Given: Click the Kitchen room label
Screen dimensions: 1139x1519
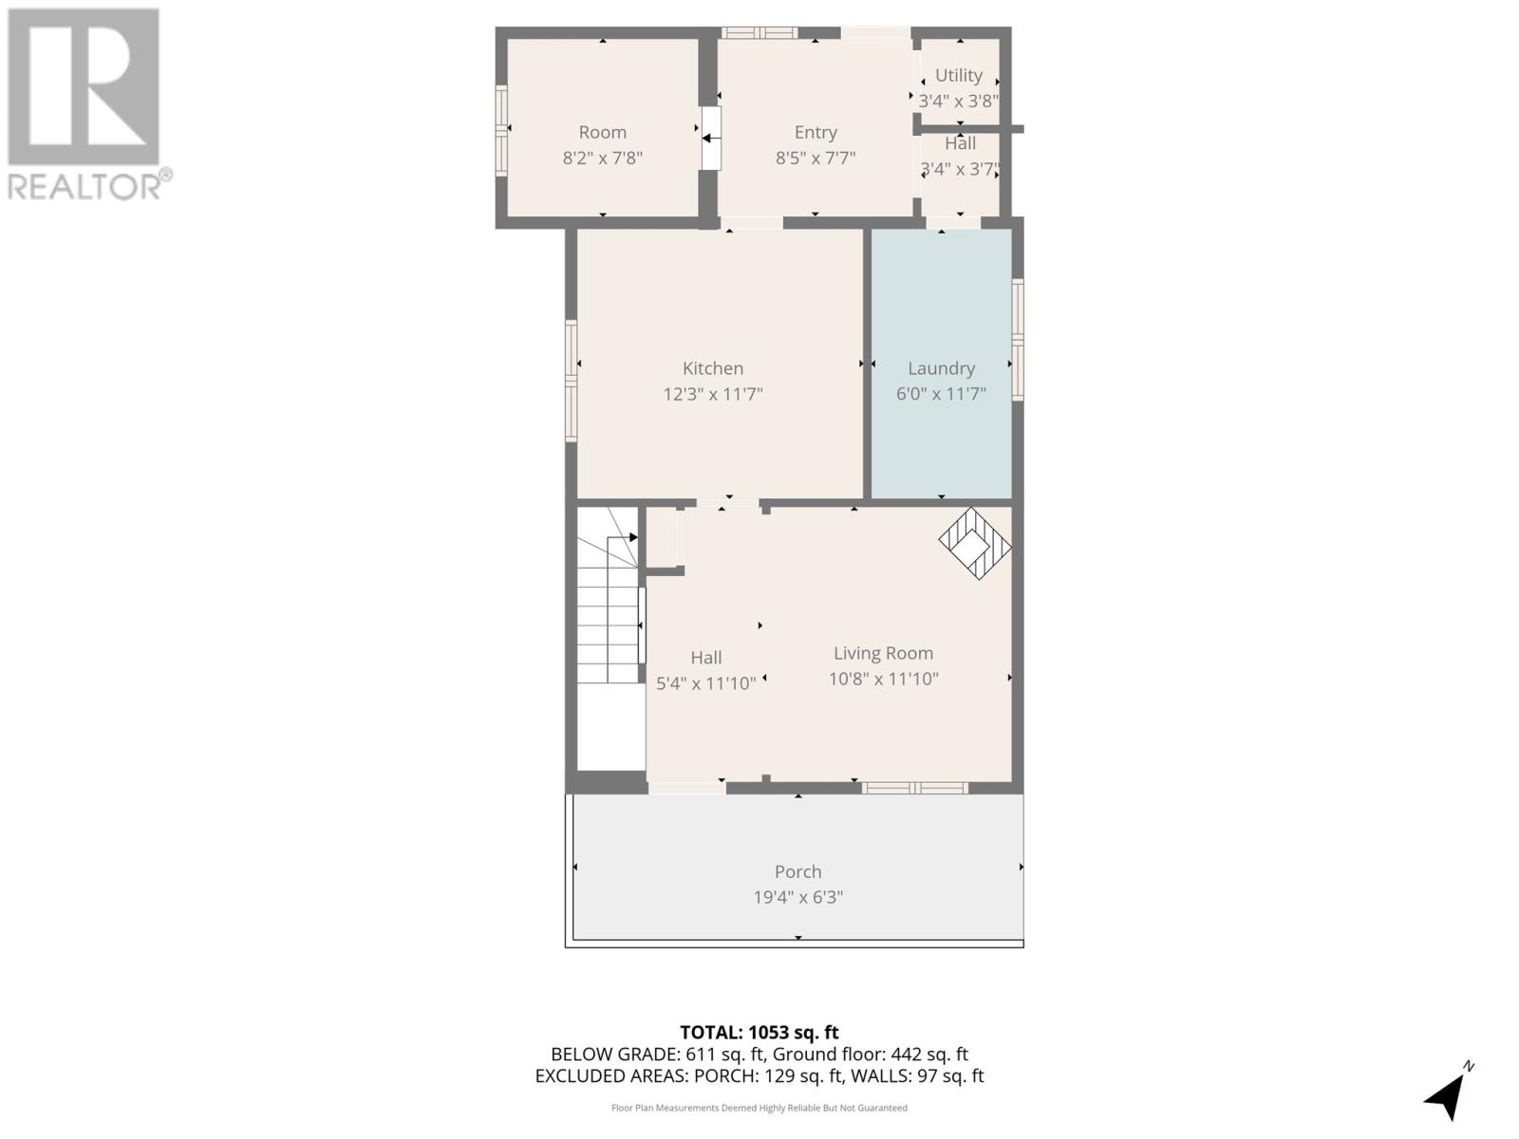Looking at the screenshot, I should (713, 368).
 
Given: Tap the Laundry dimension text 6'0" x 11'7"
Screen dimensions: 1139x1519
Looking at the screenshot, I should (941, 394).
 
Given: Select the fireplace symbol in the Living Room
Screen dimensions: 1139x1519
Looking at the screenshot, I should (974, 543).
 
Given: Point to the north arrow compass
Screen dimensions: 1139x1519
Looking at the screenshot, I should (1446, 1093).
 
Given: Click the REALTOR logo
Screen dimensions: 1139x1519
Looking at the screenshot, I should (85, 104).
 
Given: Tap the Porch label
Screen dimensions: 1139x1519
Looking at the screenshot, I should (797, 871).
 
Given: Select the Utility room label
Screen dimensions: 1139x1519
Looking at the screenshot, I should (958, 76).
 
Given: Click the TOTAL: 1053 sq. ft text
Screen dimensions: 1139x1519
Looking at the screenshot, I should (759, 1033).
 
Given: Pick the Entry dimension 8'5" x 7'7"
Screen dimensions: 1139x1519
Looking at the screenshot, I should (816, 159).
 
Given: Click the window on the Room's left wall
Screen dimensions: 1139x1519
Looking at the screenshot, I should (501, 130).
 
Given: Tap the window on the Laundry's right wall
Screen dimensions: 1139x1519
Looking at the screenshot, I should (1017, 339).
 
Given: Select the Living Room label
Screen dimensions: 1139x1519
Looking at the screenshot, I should (883, 653).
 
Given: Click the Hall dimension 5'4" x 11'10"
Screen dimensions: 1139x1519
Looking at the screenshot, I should (706, 683).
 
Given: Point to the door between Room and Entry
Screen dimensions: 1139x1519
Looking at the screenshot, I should (710, 139).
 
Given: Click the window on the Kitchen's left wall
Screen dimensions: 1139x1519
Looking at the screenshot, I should (572, 380).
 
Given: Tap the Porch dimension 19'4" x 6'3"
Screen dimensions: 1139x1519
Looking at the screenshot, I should (797, 897).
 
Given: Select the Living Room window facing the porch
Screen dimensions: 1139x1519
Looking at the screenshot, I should (915, 788).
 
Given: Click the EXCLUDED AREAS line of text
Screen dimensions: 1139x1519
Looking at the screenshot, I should (759, 1076).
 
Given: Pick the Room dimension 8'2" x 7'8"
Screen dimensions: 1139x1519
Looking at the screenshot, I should (602, 159).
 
